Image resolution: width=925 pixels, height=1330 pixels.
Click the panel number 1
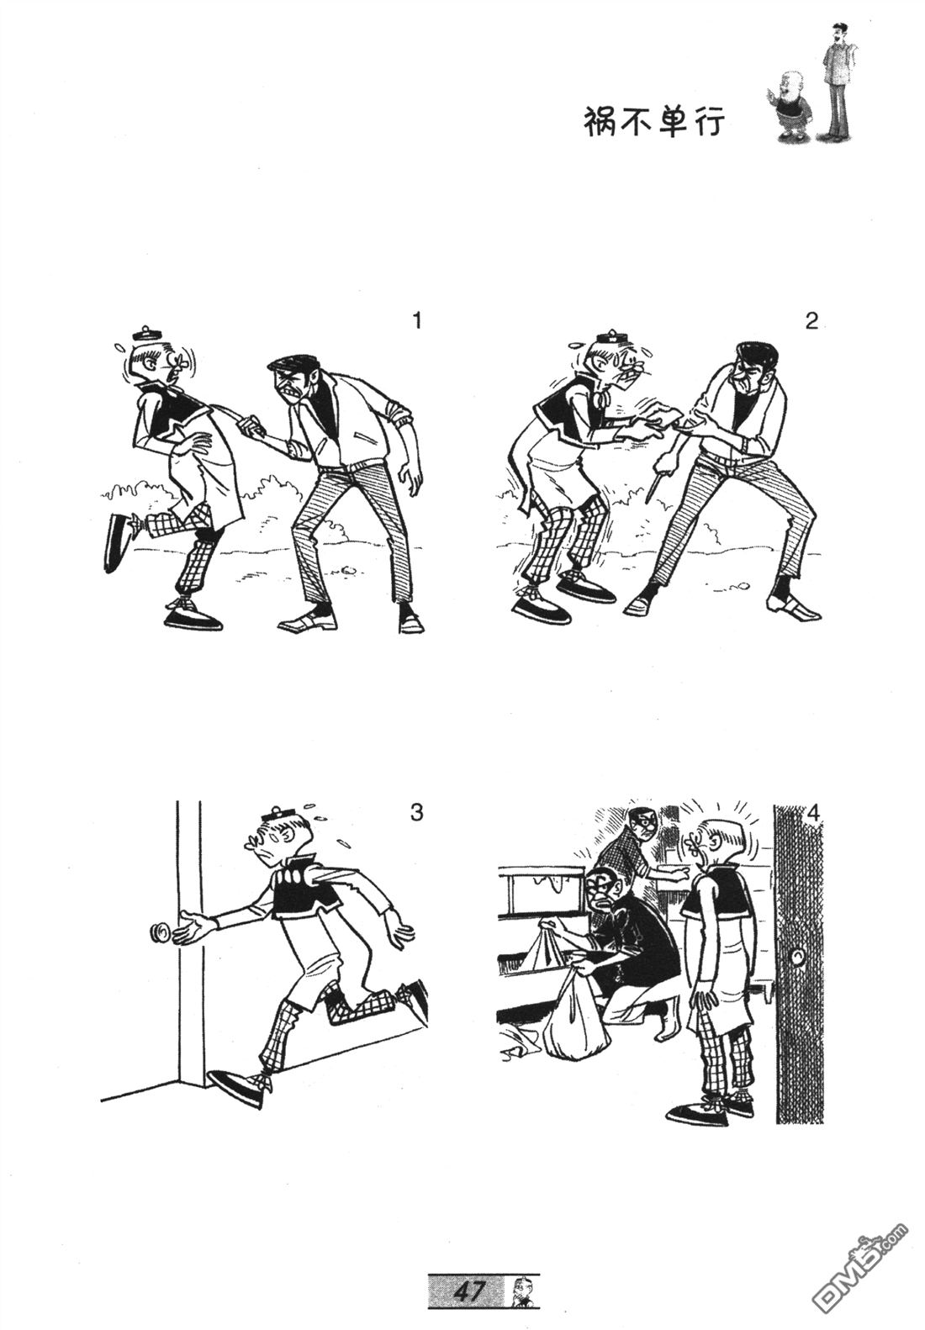pos(417,321)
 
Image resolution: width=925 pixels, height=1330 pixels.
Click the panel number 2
pos(811,321)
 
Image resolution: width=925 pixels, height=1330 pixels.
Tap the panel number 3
pos(417,811)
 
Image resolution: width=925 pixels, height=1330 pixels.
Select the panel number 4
pos(813,814)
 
